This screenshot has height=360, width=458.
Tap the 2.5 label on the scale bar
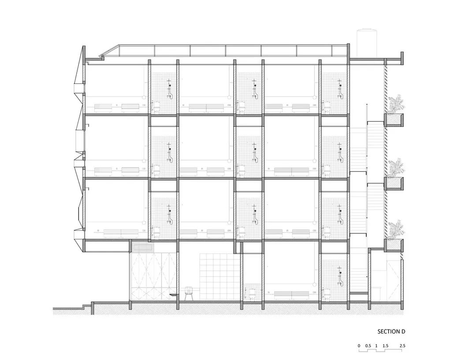402,345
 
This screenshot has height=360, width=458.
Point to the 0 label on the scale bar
359,345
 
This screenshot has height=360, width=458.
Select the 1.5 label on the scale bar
385,345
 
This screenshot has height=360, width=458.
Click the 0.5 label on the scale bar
368,345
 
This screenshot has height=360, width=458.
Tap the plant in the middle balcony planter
396,168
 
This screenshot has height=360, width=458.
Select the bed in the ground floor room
290,293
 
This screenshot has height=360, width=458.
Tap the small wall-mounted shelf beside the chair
173,294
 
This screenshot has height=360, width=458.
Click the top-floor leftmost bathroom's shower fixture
169,88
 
